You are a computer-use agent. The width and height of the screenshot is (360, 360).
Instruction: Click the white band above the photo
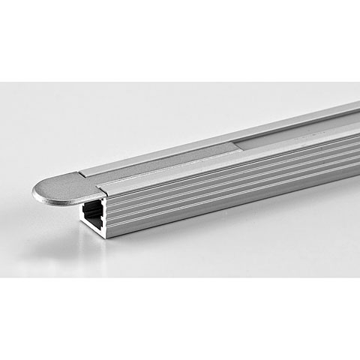(180, 37)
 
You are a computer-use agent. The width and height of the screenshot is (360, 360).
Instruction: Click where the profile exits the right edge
(357, 127)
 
